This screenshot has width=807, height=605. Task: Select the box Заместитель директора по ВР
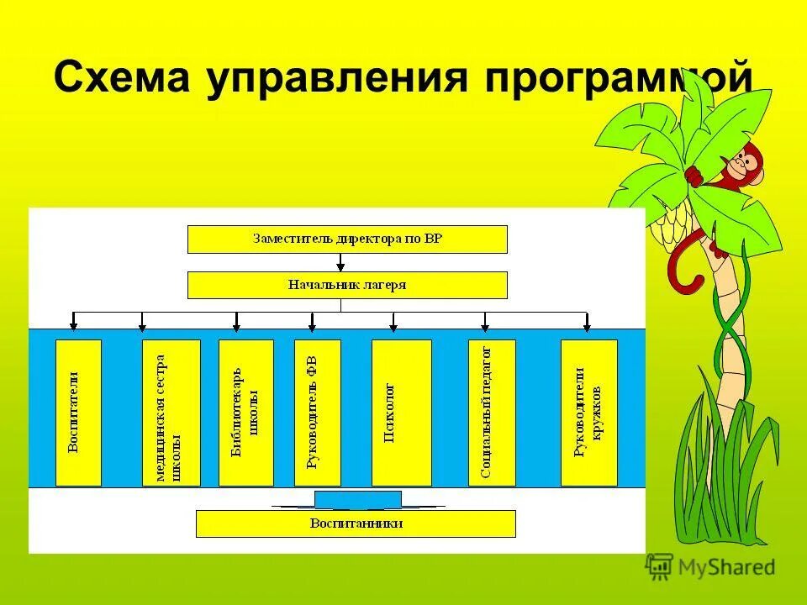(x=346, y=239)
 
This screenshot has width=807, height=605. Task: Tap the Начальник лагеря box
(x=346, y=285)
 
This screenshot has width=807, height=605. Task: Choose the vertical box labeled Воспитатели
(x=78, y=413)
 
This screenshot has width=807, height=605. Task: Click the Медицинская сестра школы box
(x=171, y=413)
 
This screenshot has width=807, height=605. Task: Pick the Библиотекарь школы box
(x=245, y=413)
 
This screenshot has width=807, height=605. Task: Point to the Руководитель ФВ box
(x=317, y=413)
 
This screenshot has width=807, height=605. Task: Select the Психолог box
(x=401, y=413)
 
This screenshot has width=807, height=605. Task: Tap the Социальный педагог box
(x=491, y=413)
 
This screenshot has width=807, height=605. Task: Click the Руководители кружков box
(x=588, y=413)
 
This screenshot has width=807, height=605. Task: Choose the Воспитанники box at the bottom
(x=355, y=523)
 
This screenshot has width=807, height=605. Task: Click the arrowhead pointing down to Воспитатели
(x=74, y=325)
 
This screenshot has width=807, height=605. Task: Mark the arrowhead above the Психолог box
(x=393, y=325)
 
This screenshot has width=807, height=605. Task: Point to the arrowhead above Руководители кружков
(x=586, y=325)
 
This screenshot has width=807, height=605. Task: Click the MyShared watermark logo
(x=711, y=566)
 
